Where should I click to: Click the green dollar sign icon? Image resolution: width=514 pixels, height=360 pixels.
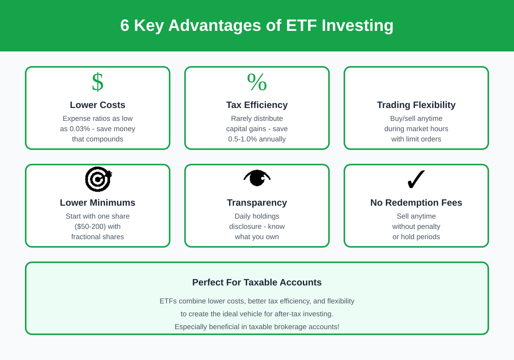(98, 82)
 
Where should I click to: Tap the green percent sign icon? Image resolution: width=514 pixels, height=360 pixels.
(257, 82)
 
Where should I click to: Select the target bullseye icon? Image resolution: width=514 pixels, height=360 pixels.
(98, 179)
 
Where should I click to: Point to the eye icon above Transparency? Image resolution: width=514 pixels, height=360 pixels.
(257, 178)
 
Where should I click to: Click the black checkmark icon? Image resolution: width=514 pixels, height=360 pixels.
(416, 179)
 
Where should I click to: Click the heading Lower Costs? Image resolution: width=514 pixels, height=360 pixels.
(98, 105)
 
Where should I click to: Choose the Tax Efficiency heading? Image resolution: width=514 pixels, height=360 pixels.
(257, 105)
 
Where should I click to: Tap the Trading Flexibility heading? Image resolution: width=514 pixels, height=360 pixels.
(416, 105)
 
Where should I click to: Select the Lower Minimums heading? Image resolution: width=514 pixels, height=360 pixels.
(98, 203)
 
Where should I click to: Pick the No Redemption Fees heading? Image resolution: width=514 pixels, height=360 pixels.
(416, 203)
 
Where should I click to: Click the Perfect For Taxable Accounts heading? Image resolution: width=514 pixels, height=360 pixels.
(257, 282)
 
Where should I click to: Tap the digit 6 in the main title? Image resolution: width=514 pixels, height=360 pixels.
(125, 26)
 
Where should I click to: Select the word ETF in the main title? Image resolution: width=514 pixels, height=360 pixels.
(302, 26)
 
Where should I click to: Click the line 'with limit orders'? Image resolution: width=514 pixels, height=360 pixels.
(416, 139)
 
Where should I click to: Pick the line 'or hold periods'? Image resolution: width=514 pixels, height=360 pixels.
(416, 237)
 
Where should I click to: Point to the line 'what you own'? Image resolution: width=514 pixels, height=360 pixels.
(257, 237)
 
